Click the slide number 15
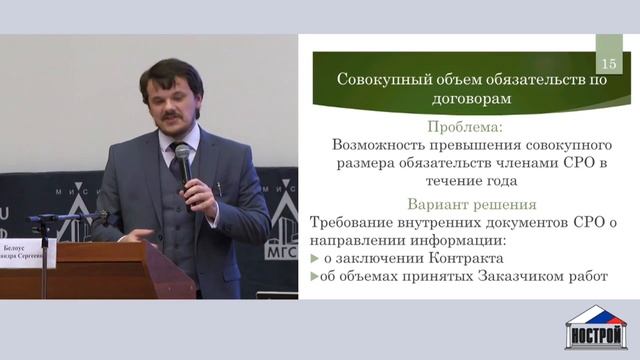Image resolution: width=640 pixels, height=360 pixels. (x=609, y=63)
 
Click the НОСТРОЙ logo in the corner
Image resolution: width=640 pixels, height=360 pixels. (x=596, y=327)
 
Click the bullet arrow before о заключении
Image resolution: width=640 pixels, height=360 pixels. (x=316, y=258)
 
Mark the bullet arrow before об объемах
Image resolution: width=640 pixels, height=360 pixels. (x=316, y=276)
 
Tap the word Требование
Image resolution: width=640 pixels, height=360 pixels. (x=361, y=221)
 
